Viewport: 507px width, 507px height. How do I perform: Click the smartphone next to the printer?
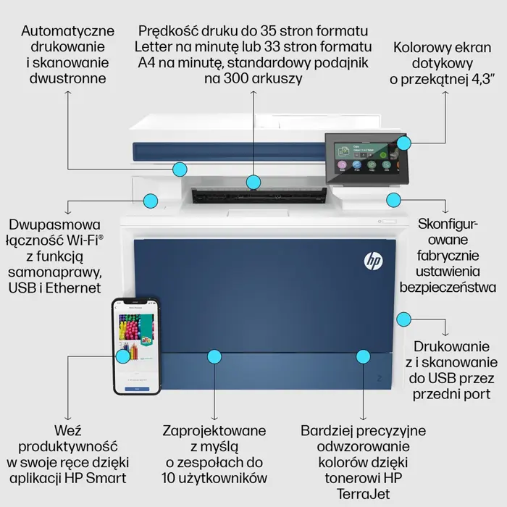tap(135, 345)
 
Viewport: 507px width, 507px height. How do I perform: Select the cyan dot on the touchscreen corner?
tap(403, 143)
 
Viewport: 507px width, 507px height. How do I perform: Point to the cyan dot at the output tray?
tap(253, 181)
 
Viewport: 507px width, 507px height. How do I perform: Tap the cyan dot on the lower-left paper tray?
tap(214, 356)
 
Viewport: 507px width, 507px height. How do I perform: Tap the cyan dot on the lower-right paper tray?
tap(363, 356)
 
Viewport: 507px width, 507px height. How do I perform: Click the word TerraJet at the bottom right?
tap(363, 493)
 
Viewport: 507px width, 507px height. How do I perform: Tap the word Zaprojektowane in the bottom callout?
tap(214, 430)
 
